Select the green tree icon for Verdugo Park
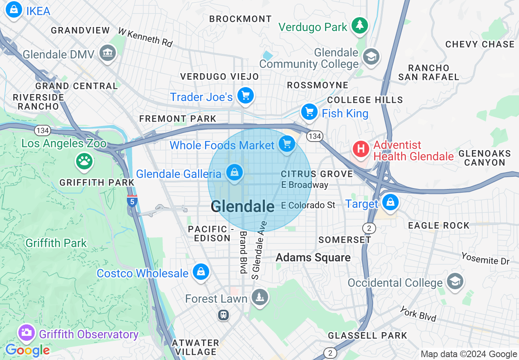(359, 25)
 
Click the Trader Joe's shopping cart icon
(246, 96)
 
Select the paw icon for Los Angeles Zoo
(84, 161)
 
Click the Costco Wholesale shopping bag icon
(201, 272)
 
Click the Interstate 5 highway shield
(132, 200)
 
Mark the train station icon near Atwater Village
(223, 315)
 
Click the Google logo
(27, 350)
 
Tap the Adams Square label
(313, 257)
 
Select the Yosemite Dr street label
(485, 258)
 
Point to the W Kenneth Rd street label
(145, 37)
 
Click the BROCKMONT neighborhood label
(240, 19)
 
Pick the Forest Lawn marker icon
(259, 297)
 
